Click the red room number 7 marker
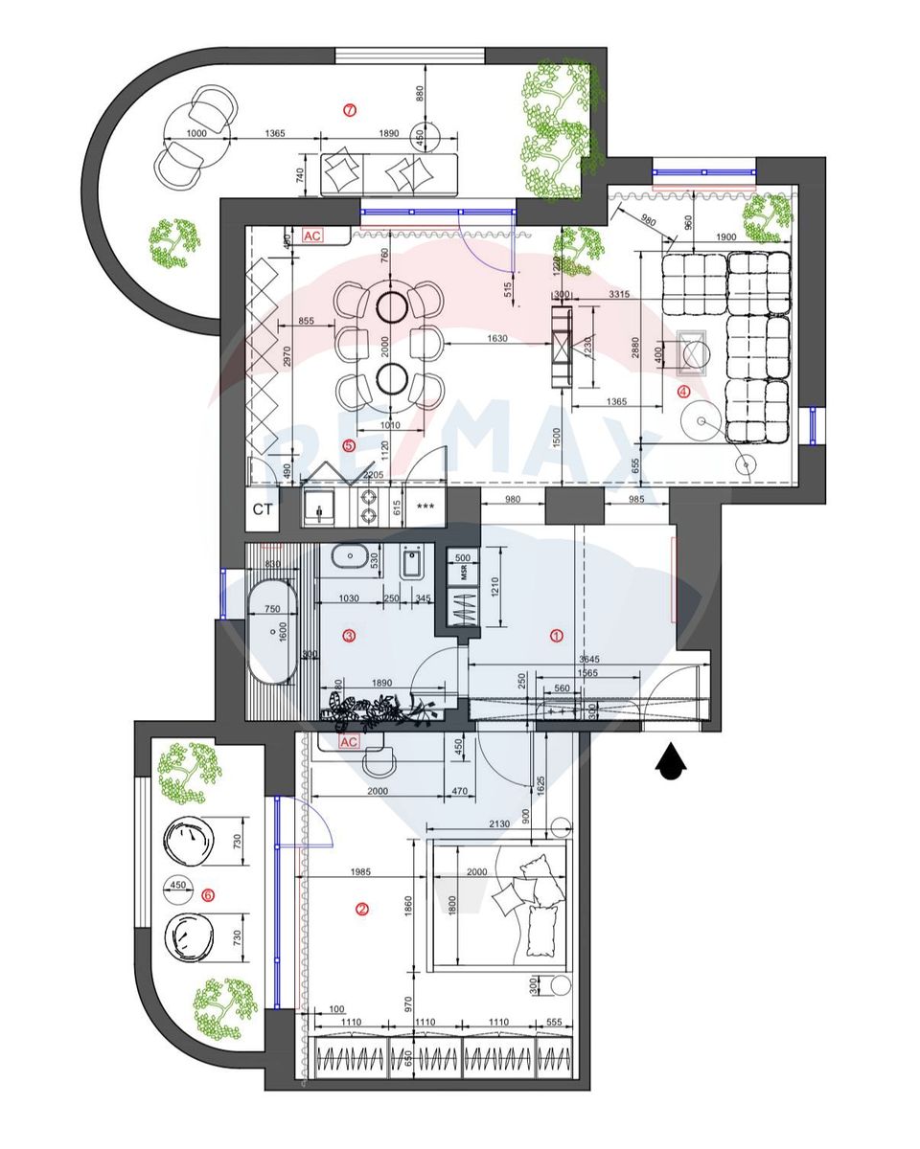click(x=350, y=110)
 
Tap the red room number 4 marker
click(x=683, y=391)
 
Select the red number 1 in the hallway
click(x=555, y=635)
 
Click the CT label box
click(x=263, y=509)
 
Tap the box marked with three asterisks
click(x=426, y=507)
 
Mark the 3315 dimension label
click(x=618, y=295)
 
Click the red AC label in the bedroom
click(x=349, y=742)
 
